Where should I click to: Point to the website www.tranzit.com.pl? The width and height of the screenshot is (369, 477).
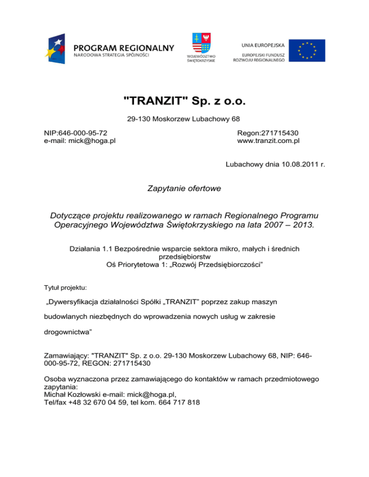[x=268, y=141]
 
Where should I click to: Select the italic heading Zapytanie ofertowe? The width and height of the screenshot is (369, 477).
[x=184, y=189]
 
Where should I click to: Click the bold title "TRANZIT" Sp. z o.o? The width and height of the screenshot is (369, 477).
[x=184, y=101]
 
